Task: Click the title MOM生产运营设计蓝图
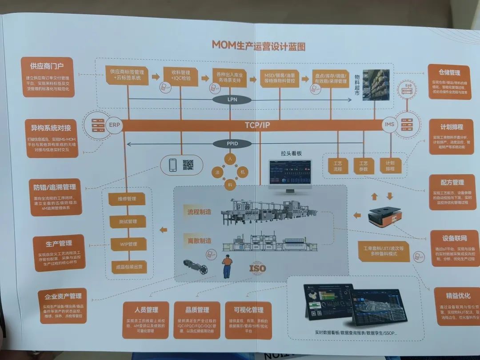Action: point(258,45)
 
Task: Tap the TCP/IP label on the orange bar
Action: point(257,125)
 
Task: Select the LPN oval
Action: point(232,100)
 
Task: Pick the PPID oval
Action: point(232,144)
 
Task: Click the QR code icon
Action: point(188,165)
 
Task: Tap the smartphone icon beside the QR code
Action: point(173,165)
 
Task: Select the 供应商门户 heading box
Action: point(47,66)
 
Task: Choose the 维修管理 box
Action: point(127,199)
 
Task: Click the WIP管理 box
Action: point(128,244)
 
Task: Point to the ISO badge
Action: point(257,268)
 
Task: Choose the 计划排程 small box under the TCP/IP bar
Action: point(390,166)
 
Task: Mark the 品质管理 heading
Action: point(197,309)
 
